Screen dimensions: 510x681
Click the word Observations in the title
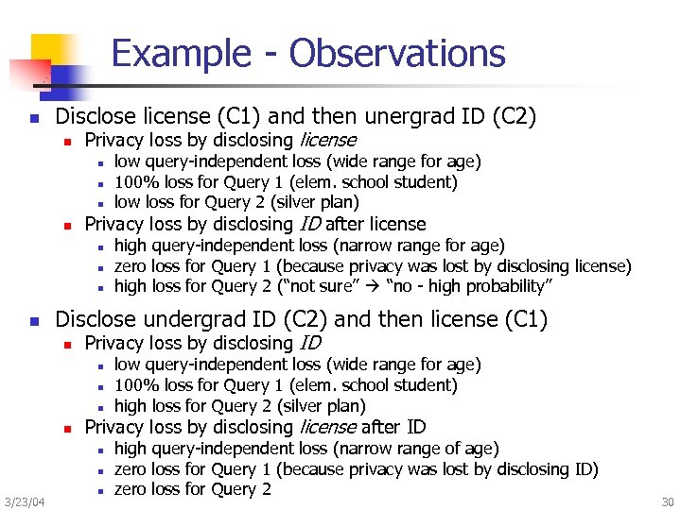[397, 54]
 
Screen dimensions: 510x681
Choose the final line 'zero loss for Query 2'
[193, 489]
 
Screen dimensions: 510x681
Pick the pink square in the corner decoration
[26, 71]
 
